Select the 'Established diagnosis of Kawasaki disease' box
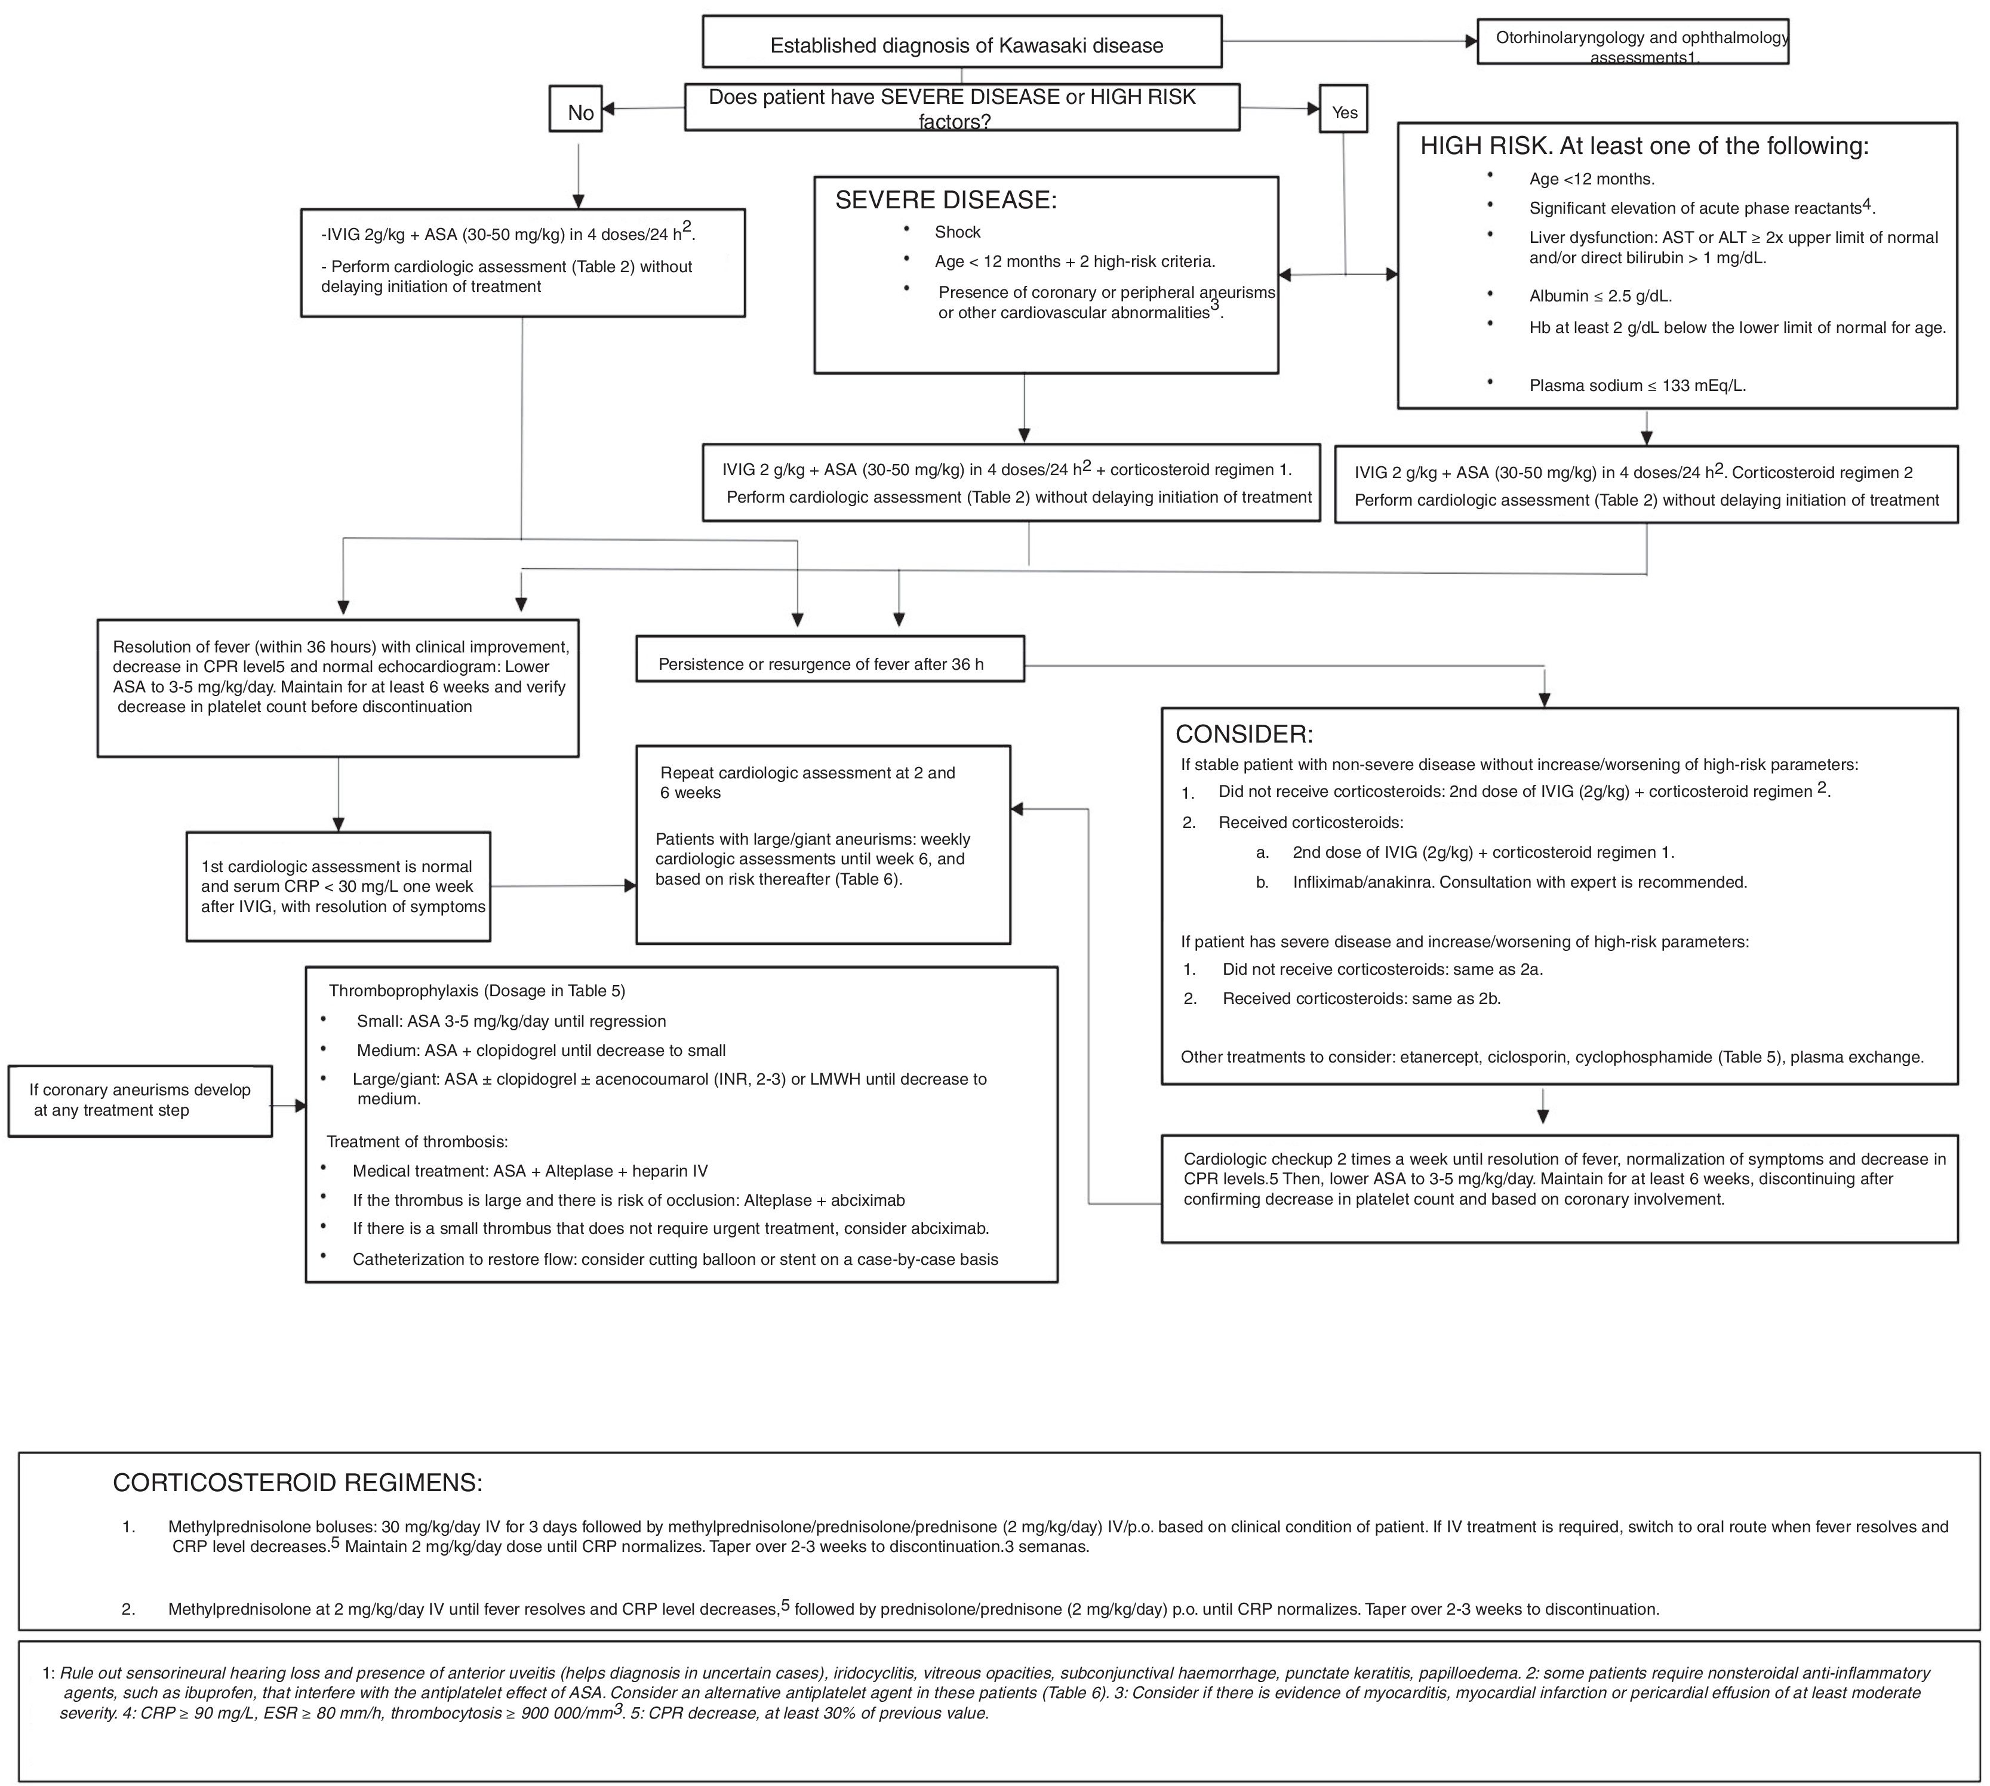(x=962, y=42)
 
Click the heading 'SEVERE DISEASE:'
(x=945, y=200)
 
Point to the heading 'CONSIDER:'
(x=1244, y=734)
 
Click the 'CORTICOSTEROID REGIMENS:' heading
(x=297, y=1482)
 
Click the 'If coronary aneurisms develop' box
(x=139, y=1100)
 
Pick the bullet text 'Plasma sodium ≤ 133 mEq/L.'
(x=1637, y=386)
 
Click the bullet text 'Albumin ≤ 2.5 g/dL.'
(x=1600, y=295)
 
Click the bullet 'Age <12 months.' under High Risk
(x=1591, y=178)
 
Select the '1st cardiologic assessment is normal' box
(x=338, y=886)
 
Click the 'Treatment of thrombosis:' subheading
(x=417, y=1141)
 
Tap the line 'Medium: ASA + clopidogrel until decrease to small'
(x=541, y=1050)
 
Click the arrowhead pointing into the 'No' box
(x=608, y=109)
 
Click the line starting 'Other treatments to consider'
(x=1551, y=1057)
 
